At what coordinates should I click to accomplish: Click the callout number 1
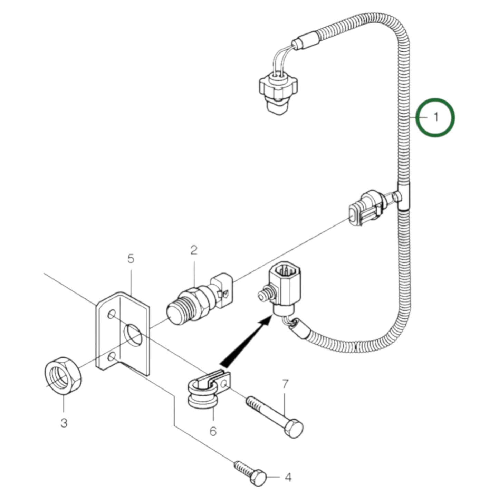click(x=436, y=117)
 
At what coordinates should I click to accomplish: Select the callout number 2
click(x=194, y=250)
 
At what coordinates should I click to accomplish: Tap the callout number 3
click(x=64, y=422)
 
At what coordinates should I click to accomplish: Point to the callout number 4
click(x=288, y=478)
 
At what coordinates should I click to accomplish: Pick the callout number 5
click(x=131, y=258)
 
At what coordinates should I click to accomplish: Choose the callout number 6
click(x=213, y=431)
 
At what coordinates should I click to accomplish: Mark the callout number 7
click(x=285, y=384)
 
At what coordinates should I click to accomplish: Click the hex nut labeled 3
click(x=63, y=374)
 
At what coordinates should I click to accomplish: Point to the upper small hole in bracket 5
click(x=112, y=315)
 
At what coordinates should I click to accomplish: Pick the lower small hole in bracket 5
click(x=112, y=357)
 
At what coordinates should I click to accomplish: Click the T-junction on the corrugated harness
click(x=403, y=196)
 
